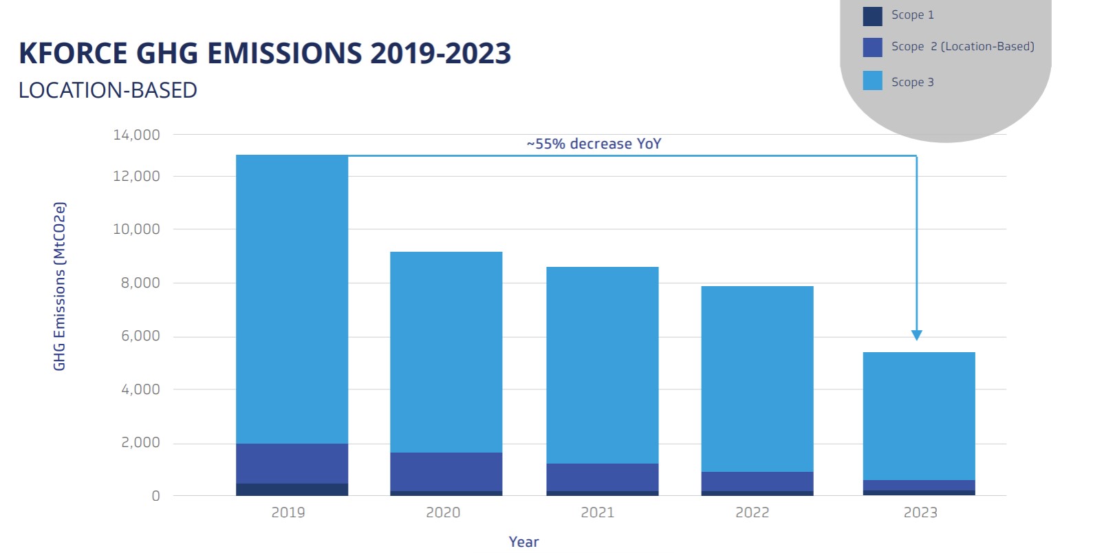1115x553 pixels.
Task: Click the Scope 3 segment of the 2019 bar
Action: [292, 299]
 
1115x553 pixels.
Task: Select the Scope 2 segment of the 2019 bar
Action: [292, 464]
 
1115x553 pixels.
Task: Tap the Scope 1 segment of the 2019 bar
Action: [292, 489]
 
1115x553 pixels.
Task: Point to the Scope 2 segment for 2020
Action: [446, 472]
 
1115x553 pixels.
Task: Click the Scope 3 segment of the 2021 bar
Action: [602, 365]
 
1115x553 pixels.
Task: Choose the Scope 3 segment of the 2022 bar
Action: [757, 379]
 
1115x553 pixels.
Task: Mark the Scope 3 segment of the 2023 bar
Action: [918, 416]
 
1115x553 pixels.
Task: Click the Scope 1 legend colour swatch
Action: [872, 16]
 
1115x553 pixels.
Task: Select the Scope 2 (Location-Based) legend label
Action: [962, 47]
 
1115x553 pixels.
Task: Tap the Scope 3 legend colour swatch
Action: [872, 81]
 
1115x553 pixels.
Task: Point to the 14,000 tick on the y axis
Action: [136, 135]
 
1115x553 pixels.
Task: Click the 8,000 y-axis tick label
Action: [140, 283]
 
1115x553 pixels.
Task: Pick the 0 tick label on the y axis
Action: [155, 496]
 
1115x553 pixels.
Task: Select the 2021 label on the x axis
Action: [597, 512]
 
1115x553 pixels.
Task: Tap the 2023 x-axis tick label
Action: [920, 512]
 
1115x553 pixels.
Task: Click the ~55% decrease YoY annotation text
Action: [594, 144]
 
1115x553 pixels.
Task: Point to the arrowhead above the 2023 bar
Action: [916, 335]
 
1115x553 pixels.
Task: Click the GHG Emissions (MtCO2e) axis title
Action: [60, 286]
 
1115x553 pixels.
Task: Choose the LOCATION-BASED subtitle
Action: [108, 90]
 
